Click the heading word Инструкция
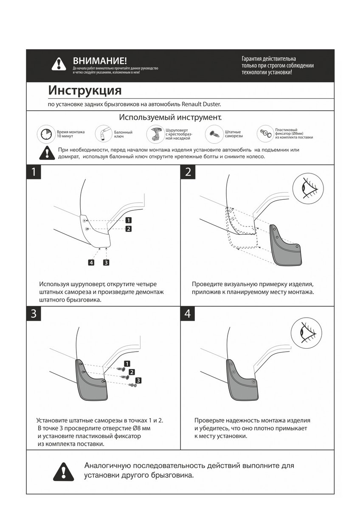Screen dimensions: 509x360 (84, 90)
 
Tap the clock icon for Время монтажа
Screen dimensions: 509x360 (46, 134)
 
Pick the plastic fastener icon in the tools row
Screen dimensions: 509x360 (266, 134)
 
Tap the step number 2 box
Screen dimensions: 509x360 (188, 172)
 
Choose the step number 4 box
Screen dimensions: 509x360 (188, 314)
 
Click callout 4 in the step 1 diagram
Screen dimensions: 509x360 (91, 262)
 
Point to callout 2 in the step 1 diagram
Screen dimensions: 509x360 (128, 229)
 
